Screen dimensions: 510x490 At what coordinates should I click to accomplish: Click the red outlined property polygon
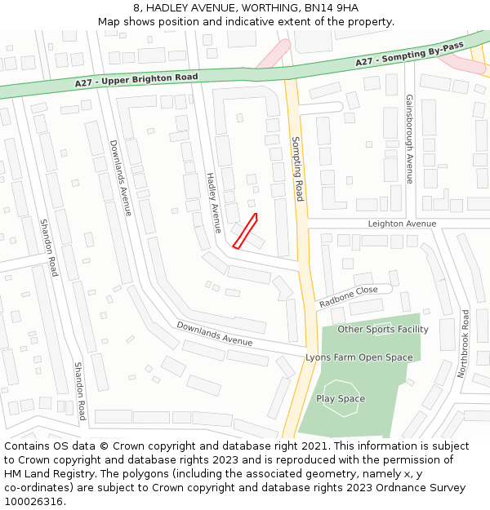[245, 231]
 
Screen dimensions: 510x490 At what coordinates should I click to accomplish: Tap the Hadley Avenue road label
[213, 203]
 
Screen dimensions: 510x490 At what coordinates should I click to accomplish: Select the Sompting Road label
[298, 169]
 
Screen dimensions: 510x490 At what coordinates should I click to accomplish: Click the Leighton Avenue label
[402, 224]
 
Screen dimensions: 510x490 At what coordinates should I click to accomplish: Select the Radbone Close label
[348, 296]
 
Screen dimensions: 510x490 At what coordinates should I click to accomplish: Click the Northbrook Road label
[463, 344]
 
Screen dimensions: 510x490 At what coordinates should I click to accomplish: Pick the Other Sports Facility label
[383, 330]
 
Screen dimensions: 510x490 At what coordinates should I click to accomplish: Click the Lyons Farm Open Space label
[359, 357]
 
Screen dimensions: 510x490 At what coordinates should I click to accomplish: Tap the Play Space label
[341, 399]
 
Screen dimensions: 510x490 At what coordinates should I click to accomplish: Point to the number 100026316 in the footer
[33, 502]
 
